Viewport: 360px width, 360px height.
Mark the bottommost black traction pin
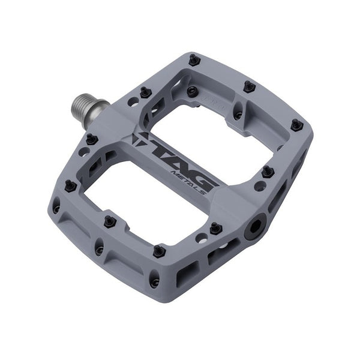pos(159,251)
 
